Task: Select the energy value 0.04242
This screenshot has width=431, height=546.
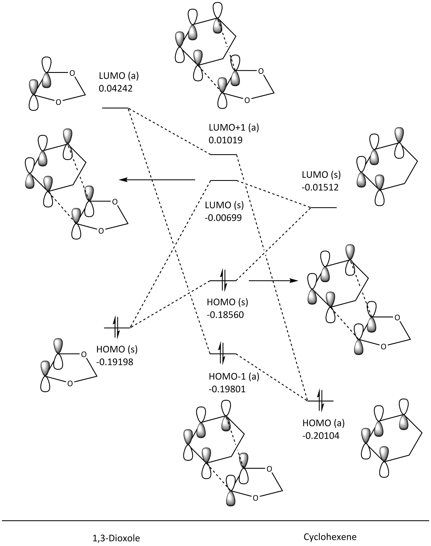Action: point(116,88)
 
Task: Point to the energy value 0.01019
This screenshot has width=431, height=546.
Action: point(225,140)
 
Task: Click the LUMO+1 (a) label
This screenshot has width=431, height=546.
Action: point(234,127)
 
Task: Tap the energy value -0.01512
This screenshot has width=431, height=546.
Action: point(320,187)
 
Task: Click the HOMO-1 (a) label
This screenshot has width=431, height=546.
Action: point(234,376)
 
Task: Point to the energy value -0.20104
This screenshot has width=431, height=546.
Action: point(321,436)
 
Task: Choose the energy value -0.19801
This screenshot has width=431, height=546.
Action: point(227,389)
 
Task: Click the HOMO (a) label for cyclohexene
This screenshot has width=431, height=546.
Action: point(323,423)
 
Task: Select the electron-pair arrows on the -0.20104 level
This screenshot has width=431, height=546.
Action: point(320,401)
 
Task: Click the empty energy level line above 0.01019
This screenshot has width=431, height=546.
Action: point(224,154)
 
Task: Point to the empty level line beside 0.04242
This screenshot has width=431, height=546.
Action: point(115,108)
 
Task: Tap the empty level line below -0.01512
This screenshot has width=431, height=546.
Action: point(323,208)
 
